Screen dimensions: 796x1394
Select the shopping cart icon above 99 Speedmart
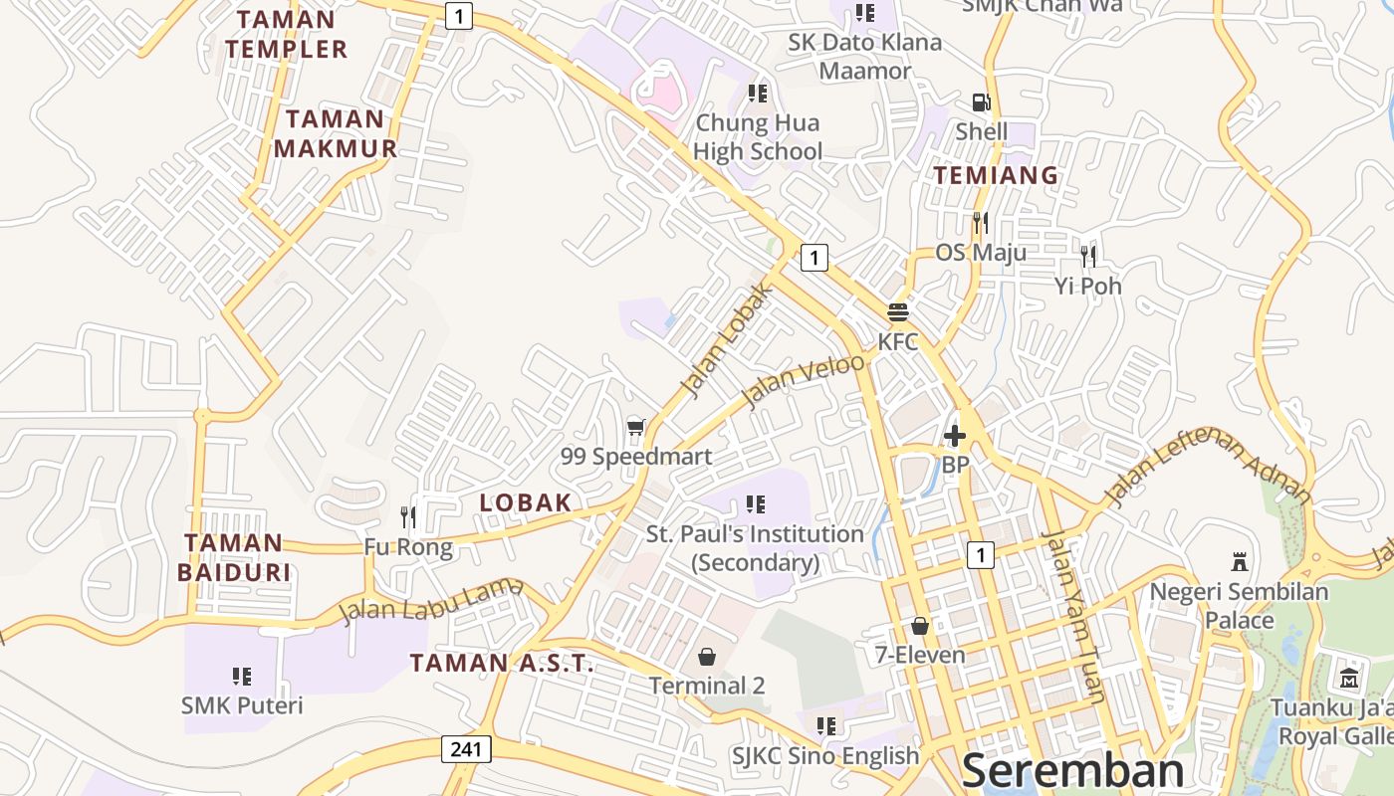(636, 428)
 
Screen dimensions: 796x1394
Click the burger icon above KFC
(897, 312)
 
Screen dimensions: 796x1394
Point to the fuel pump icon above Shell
(981, 102)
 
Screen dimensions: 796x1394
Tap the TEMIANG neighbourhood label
(996, 175)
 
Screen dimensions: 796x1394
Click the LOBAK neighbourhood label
(526, 502)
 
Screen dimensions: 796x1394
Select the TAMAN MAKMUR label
(336, 134)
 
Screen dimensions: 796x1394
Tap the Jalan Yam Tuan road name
(1073, 617)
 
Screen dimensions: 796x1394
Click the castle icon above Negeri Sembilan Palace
(1240, 561)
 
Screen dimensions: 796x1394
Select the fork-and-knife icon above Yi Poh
(1088, 256)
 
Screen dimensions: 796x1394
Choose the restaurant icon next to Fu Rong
(407, 516)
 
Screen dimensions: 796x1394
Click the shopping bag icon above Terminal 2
(707, 657)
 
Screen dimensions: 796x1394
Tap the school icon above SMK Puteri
(242, 677)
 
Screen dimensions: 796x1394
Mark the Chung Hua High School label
(758, 137)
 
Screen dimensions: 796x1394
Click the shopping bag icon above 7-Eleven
(920, 626)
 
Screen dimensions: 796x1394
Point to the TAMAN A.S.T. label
(502, 664)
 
